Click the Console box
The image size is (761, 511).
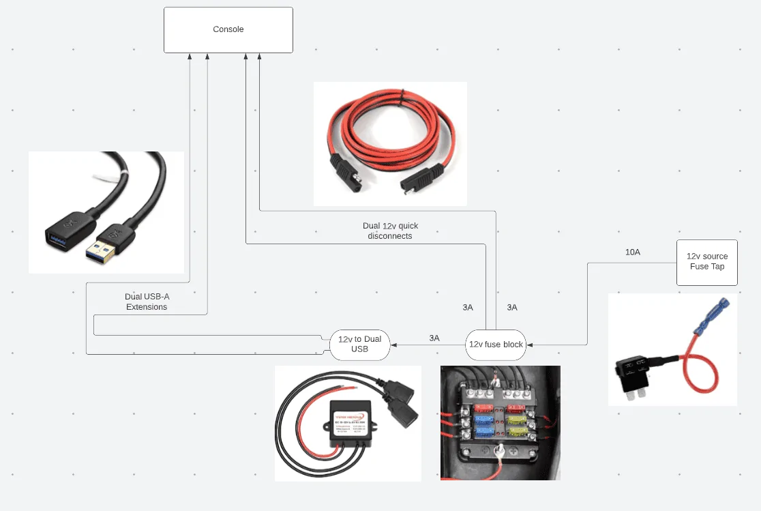[228, 29]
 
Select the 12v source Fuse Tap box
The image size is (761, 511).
[707, 262]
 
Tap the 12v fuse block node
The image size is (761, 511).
[496, 345]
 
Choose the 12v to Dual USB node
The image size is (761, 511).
[359, 345]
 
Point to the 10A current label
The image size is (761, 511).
[633, 252]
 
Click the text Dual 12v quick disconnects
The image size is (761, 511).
[390, 231]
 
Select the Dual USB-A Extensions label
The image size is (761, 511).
[147, 302]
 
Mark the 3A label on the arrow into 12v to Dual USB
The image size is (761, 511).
[434, 338]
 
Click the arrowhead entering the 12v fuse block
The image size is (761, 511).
[530, 345]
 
